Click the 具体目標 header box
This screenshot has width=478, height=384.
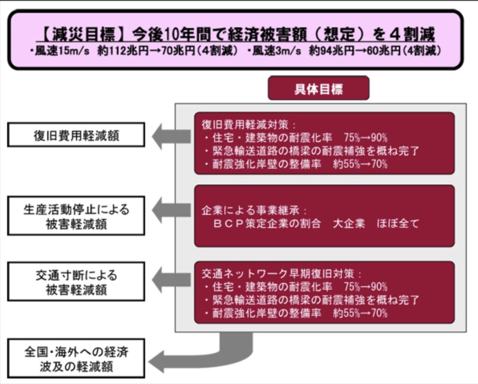[x=318, y=88]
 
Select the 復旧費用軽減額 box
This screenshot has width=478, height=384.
[x=76, y=135]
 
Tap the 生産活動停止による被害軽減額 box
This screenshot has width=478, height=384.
[x=76, y=216]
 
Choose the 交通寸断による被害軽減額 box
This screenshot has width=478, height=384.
[x=76, y=282]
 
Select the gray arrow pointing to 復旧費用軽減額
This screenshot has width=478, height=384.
[x=171, y=136]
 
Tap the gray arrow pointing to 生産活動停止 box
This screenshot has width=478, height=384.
[x=171, y=210]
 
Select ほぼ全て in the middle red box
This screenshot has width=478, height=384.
[x=398, y=223]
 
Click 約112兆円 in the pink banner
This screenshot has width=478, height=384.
[x=123, y=51]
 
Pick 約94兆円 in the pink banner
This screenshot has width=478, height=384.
[x=332, y=51]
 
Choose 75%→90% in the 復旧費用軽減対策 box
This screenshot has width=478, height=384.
[x=366, y=138]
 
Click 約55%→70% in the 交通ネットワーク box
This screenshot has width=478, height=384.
[x=360, y=313]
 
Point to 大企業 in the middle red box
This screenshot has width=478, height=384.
[x=349, y=223]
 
